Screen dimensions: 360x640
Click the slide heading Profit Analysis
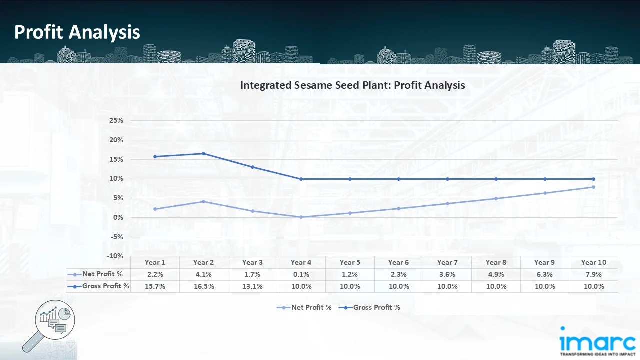click(77, 32)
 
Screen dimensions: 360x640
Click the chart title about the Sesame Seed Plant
click(352, 85)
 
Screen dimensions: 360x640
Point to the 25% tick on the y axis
click(116, 121)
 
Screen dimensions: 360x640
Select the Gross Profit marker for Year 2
click(204, 154)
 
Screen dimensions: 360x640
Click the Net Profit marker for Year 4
click(301, 217)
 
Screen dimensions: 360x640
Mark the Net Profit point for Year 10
click(593, 187)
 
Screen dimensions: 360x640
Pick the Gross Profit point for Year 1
click(155, 157)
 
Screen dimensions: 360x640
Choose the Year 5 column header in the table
click(350, 262)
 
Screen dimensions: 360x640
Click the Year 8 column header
click(496, 262)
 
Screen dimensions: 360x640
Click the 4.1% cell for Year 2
click(204, 274)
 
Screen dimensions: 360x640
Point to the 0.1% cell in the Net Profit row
click(301, 274)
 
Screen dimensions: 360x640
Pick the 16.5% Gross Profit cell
click(204, 286)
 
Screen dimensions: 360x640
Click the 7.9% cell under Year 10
click(593, 274)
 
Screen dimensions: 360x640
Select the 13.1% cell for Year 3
click(252, 286)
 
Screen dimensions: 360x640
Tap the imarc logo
click(597, 342)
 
